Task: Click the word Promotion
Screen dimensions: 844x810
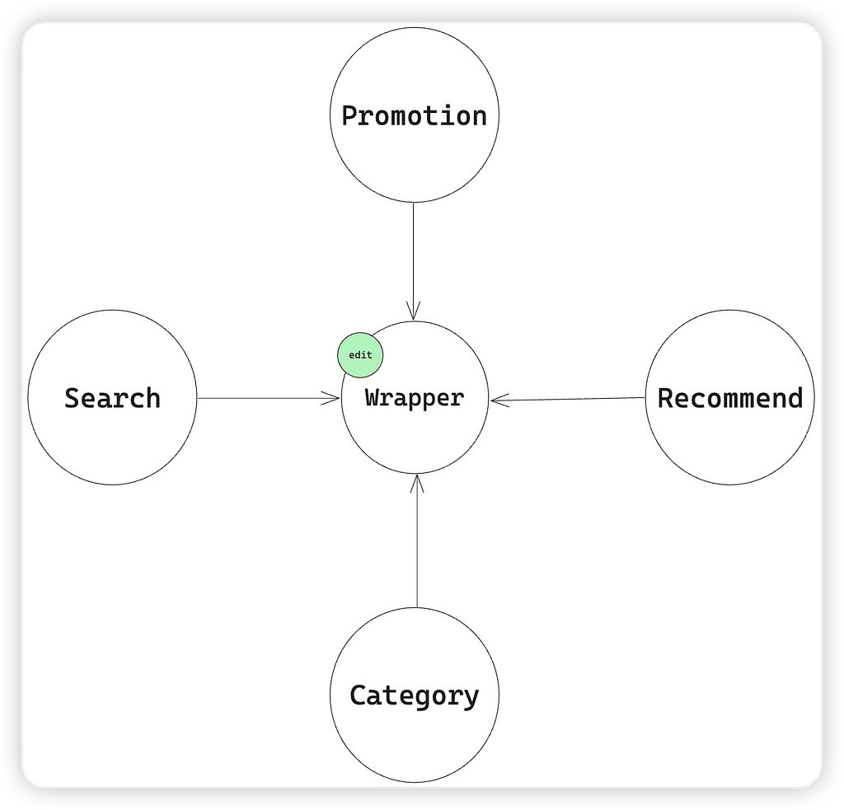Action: [x=414, y=116]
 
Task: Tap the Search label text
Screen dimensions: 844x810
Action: [x=112, y=398]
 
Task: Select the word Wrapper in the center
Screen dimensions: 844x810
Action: [x=415, y=398]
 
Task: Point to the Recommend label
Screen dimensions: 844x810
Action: [x=730, y=398]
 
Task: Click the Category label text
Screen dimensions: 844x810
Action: [x=414, y=696]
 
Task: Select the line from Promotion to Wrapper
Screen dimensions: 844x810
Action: [x=414, y=261]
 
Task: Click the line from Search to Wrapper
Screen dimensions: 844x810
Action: [x=268, y=398]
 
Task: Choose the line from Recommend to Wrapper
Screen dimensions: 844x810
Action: [x=568, y=400]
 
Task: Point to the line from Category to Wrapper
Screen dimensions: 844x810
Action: [x=416, y=541]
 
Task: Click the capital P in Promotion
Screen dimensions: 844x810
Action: [x=349, y=116]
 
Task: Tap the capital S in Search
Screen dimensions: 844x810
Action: [x=73, y=398]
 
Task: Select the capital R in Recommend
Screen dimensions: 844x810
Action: [x=665, y=398]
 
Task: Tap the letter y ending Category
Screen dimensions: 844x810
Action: [x=471, y=699]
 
